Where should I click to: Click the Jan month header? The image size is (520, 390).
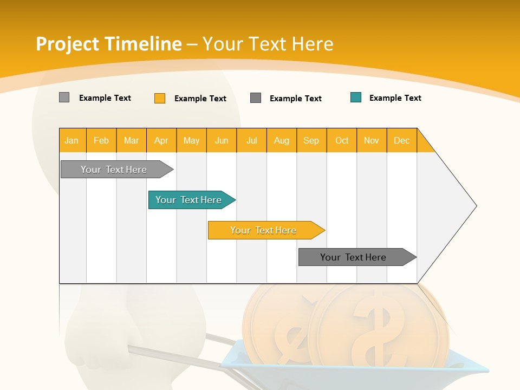coord(72,140)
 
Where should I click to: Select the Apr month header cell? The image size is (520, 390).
coord(161,140)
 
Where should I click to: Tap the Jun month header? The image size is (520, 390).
coord(222,140)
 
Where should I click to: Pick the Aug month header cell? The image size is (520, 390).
coord(282,140)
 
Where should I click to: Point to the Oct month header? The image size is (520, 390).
coord(342,140)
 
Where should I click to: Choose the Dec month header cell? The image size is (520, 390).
coord(402,140)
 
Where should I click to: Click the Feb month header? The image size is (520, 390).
coord(101,140)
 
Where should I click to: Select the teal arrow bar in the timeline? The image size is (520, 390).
coord(190,200)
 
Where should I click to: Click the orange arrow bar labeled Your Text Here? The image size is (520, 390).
coord(264,230)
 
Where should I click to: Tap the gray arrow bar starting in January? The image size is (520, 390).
coord(114,170)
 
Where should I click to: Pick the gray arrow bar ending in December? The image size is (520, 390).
coord(355,257)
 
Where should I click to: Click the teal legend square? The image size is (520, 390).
coord(356,97)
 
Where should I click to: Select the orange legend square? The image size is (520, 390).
coord(160,98)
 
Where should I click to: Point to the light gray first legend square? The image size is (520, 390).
coord(64,97)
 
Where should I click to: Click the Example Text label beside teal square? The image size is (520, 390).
coord(395,98)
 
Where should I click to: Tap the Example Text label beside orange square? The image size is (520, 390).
coord(200,99)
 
